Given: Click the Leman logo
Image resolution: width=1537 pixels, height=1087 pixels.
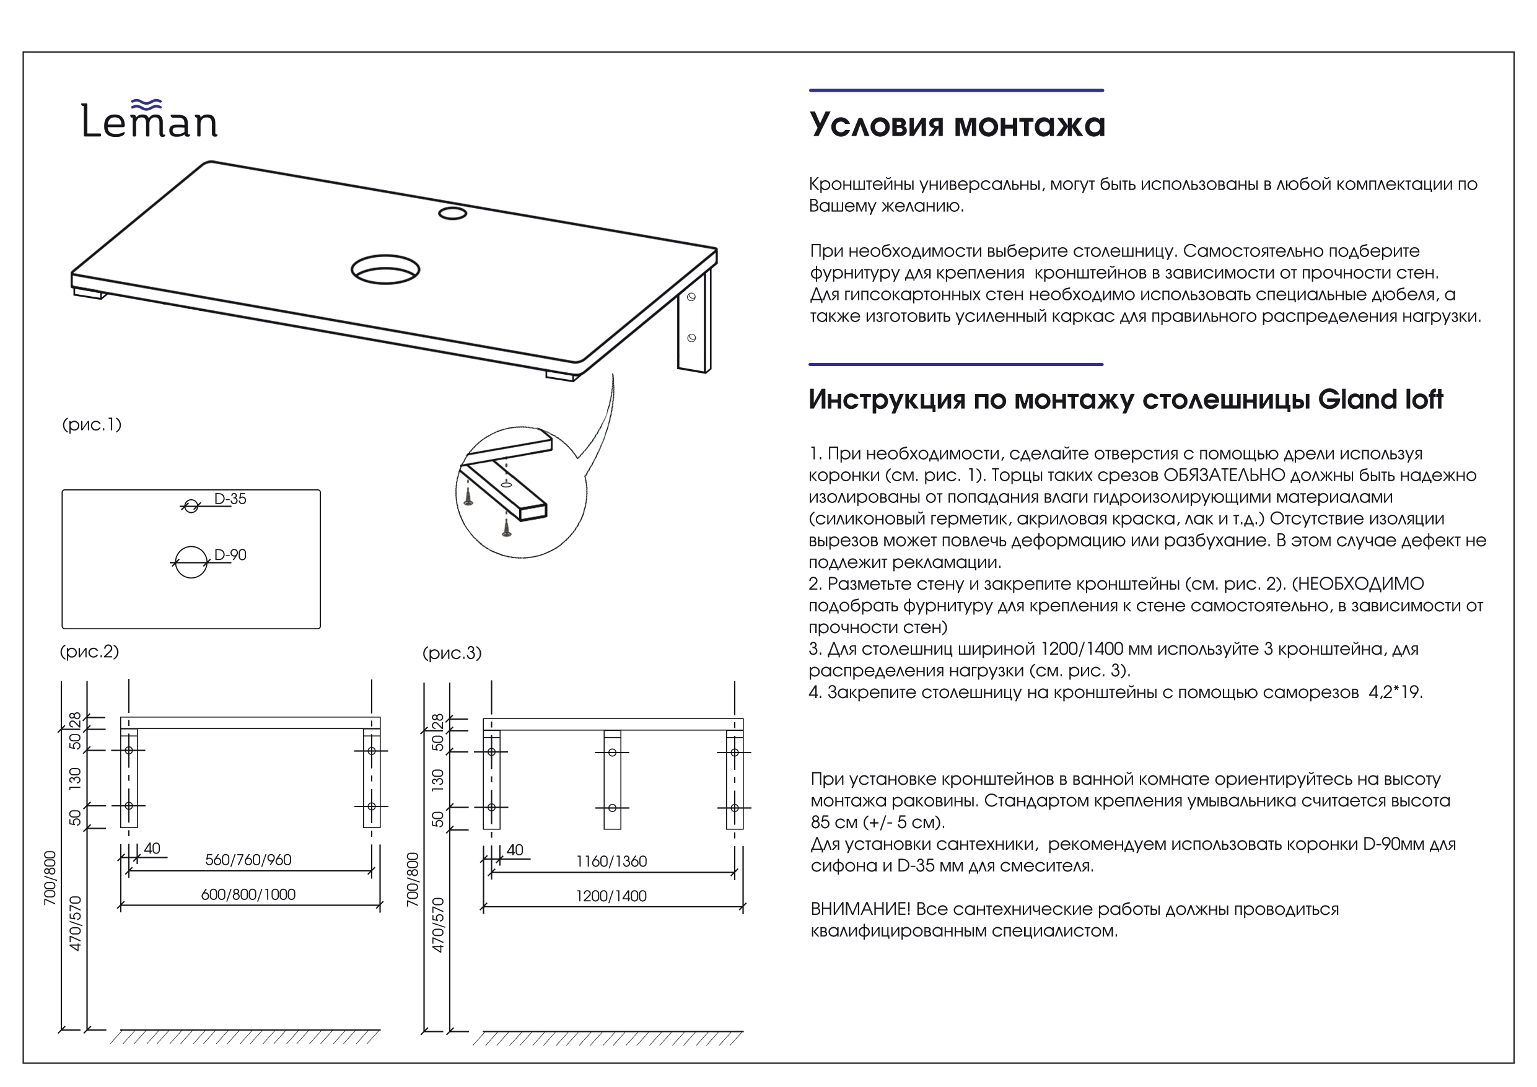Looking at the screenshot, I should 149,121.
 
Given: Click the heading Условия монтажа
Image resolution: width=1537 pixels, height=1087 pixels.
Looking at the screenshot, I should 957,125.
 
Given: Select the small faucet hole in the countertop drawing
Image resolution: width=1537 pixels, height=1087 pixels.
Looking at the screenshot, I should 452,214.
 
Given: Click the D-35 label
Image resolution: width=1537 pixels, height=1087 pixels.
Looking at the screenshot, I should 230,499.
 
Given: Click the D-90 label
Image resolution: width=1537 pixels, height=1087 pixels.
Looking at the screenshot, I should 230,556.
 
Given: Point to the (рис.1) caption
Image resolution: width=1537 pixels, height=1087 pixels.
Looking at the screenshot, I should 92,424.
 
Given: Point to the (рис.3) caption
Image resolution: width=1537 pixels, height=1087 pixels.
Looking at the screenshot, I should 452,653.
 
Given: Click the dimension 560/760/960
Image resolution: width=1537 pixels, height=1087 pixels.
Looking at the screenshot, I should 248,860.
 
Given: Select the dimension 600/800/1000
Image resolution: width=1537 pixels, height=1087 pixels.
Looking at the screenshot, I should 248,895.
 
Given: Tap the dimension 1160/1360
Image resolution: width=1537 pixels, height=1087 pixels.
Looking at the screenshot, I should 611,862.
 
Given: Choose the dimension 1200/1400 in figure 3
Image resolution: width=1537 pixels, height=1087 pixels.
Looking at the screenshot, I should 611,896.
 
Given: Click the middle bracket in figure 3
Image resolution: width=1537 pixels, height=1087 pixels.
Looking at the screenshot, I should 612,780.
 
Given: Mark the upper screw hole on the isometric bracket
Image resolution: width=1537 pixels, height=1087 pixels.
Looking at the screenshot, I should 691,297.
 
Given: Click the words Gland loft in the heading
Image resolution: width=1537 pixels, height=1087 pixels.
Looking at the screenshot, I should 1380,399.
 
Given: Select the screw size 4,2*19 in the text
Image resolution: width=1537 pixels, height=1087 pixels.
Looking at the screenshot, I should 1395,692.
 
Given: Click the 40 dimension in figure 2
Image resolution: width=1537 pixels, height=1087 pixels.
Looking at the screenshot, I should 152,849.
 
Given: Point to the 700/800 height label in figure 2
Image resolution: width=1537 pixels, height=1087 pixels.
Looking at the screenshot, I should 50,878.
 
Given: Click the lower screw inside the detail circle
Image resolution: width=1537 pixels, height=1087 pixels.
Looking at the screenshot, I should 507,529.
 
